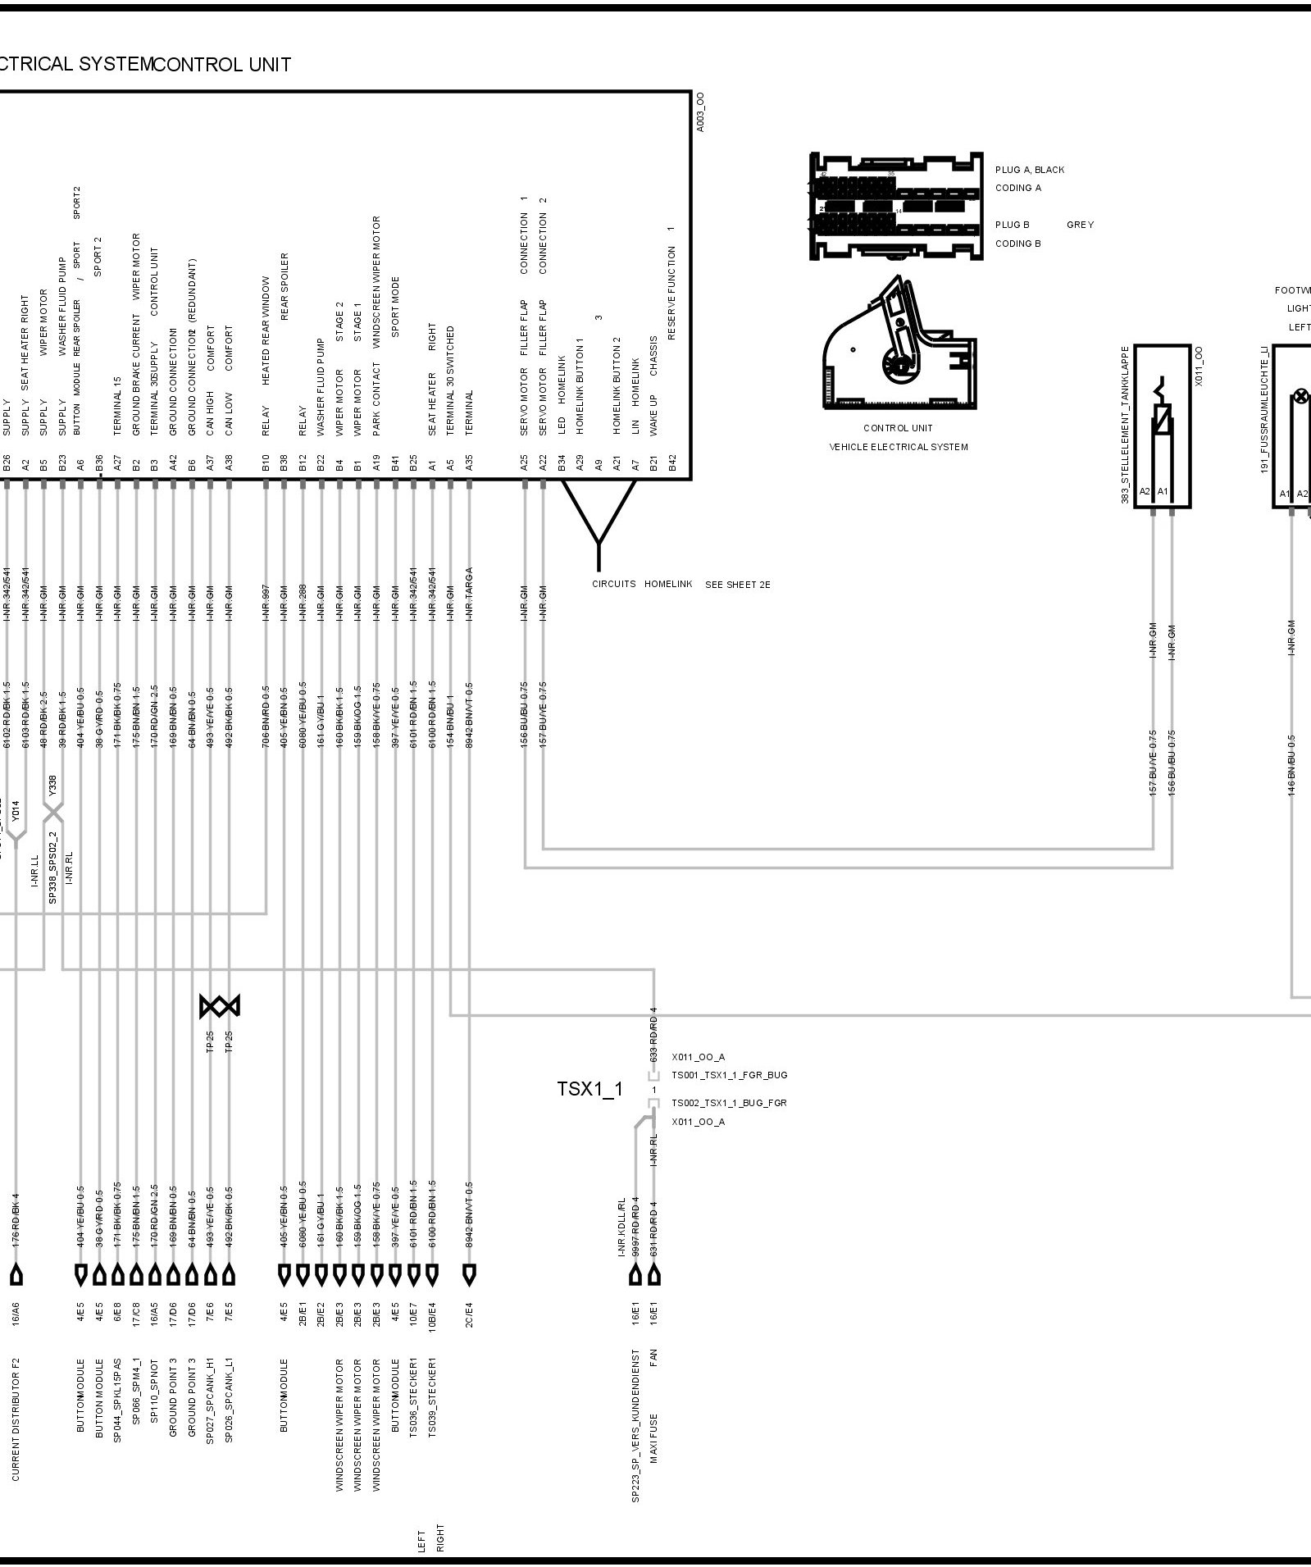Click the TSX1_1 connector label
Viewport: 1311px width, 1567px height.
(589, 1089)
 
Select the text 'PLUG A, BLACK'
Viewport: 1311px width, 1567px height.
(1029, 170)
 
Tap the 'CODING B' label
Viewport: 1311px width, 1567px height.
(1017, 244)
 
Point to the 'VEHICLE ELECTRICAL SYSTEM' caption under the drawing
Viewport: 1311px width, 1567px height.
(898, 447)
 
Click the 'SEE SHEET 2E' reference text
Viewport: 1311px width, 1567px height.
(737, 585)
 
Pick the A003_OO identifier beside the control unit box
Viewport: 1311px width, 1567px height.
(699, 112)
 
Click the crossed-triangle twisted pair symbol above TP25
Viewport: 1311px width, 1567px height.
(220, 1006)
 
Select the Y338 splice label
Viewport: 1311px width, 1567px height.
(52, 786)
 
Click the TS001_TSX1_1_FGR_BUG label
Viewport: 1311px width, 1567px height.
(729, 1075)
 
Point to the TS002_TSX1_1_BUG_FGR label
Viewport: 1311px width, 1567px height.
(729, 1103)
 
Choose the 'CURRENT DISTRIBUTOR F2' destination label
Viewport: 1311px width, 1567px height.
(16, 1419)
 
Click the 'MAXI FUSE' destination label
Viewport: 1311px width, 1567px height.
(654, 1437)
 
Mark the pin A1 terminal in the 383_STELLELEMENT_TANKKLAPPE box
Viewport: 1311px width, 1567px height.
(1162, 492)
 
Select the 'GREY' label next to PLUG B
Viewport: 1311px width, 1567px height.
(1080, 225)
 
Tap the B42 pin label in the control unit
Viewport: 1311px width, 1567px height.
(672, 463)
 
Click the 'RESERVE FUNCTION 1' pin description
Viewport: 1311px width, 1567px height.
(671, 282)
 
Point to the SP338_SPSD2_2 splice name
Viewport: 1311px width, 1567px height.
(52, 868)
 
